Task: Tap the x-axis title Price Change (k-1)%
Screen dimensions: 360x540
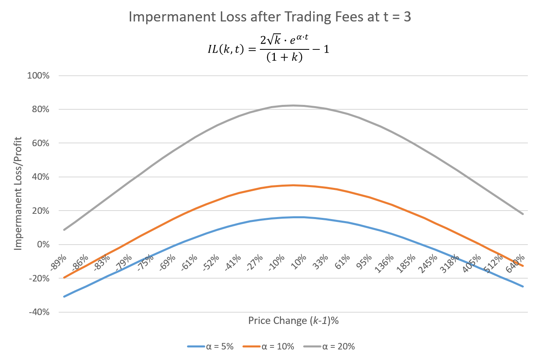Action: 293,321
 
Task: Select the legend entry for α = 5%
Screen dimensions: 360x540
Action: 210,346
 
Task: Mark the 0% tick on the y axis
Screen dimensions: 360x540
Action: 44,245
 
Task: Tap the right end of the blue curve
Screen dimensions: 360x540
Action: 523,286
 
